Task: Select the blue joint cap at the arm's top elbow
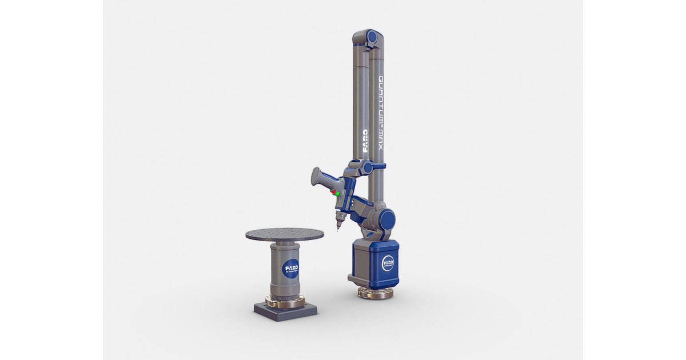(373, 37)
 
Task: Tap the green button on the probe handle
(338, 194)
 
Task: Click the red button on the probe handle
(334, 191)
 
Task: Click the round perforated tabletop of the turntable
(285, 234)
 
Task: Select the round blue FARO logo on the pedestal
(290, 269)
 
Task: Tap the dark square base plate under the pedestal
(285, 312)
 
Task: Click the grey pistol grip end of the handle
(317, 177)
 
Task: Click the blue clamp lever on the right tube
(380, 166)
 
